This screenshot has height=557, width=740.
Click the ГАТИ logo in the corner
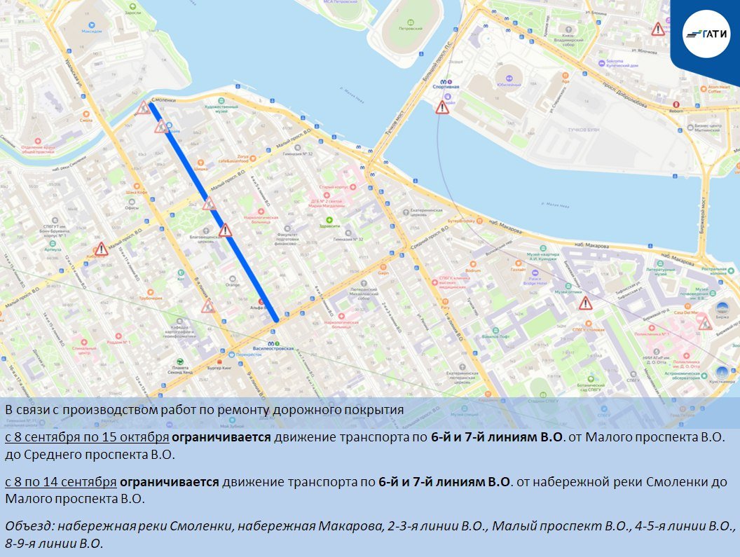(x=707, y=33)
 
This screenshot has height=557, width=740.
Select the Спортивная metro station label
(x=446, y=86)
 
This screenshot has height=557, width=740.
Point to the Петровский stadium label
(x=408, y=29)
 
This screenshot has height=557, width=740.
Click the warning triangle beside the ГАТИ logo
(x=657, y=29)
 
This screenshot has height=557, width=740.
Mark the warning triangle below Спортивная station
(x=441, y=107)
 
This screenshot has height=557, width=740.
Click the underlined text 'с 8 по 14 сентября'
(x=60, y=482)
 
